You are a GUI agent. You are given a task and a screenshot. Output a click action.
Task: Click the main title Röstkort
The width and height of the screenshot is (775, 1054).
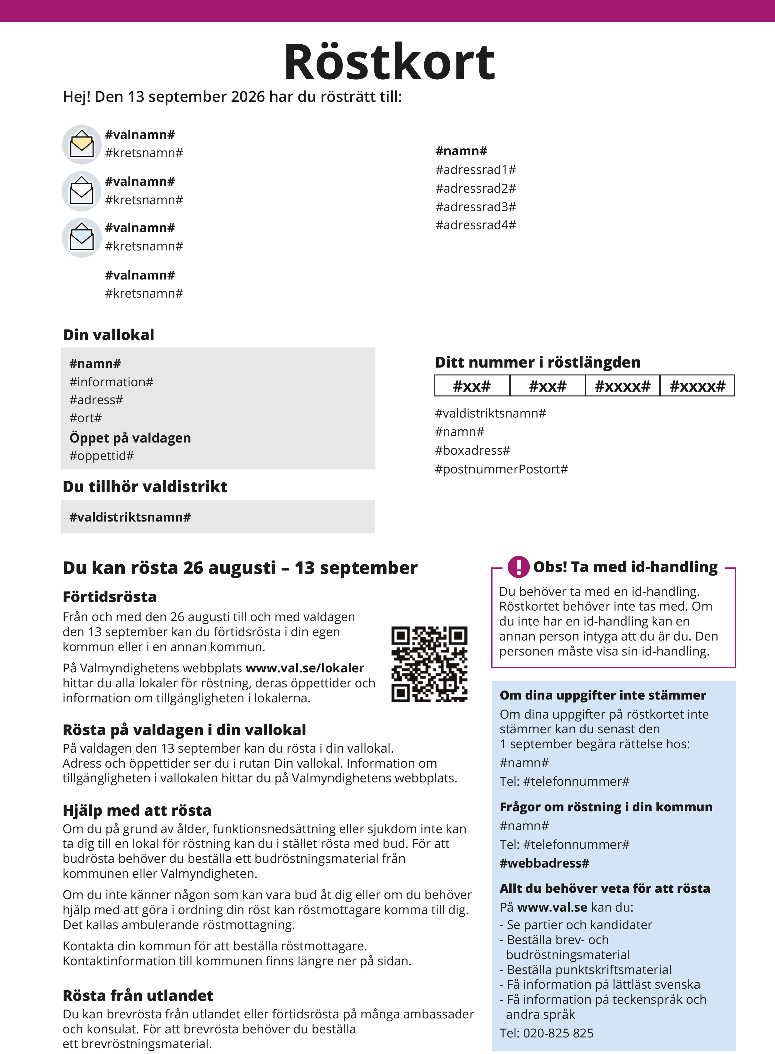(x=389, y=62)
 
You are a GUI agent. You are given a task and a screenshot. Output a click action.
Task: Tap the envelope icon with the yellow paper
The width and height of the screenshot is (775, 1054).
(x=82, y=144)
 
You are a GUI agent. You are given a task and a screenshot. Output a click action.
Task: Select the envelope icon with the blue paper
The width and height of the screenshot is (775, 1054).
(x=82, y=238)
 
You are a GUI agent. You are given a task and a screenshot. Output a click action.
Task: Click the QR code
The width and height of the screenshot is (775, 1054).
(x=429, y=664)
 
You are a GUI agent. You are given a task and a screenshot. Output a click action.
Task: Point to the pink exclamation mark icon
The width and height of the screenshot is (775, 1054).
(x=518, y=567)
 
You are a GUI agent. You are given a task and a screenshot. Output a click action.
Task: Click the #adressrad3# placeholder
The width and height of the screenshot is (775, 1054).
(x=475, y=207)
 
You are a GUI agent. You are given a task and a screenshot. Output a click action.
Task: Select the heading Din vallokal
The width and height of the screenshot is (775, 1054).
(x=108, y=335)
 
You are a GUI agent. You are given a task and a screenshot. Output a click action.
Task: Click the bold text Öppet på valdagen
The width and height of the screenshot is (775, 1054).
(x=130, y=438)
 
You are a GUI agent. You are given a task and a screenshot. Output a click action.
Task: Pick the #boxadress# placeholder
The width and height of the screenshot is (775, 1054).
(x=472, y=451)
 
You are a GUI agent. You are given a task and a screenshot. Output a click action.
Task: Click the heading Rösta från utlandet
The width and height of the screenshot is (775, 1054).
(x=138, y=995)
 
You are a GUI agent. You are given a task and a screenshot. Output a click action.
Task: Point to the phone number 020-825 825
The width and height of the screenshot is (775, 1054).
(x=558, y=1033)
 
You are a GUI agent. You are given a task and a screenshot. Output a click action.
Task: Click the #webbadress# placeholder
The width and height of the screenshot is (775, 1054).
(x=544, y=863)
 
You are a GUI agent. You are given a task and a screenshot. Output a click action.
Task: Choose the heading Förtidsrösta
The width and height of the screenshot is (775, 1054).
(x=110, y=597)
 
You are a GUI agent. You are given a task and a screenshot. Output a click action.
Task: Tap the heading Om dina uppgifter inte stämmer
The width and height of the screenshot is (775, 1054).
(x=602, y=695)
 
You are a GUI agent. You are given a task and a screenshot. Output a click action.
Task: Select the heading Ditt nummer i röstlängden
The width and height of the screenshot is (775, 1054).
(x=537, y=363)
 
